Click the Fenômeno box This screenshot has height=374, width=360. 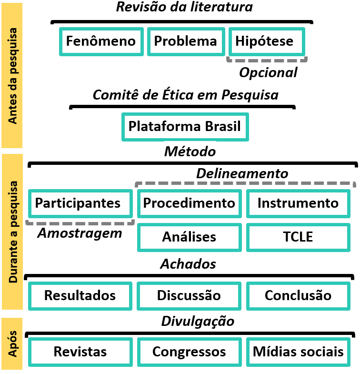pyautogui.click(x=101, y=41)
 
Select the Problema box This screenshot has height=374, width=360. pyautogui.click(x=186, y=41)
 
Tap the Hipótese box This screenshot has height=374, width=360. pyautogui.click(x=264, y=41)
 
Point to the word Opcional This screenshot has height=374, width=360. pyautogui.click(x=268, y=72)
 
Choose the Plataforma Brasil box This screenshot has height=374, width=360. pyautogui.click(x=185, y=127)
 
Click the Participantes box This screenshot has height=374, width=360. pyautogui.click(x=78, y=203)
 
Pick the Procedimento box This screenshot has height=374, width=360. pyautogui.click(x=189, y=203)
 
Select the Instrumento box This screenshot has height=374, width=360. pyautogui.click(x=298, y=203)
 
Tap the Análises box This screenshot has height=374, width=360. pyautogui.click(x=189, y=237)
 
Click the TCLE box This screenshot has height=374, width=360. pyautogui.click(x=298, y=237)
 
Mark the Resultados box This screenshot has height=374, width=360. pyautogui.click(x=80, y=295)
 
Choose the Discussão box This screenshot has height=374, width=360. pyautogui.click(x=189, y=295)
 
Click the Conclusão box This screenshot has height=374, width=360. pyautogui.click(x=298, y=295)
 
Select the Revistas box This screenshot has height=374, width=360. pyautogui.click(x=80, y=352)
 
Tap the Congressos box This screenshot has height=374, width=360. pyautogui.click(x=189, y=352)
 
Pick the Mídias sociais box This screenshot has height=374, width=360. pyautogui.click(x=298, y=352)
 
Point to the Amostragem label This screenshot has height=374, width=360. pyautogui.click(x=80, y=233)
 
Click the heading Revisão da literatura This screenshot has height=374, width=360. pyautogui.click(x=185, y=7)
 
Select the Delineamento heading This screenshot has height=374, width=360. pyautogui.click(x=242, y=174)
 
